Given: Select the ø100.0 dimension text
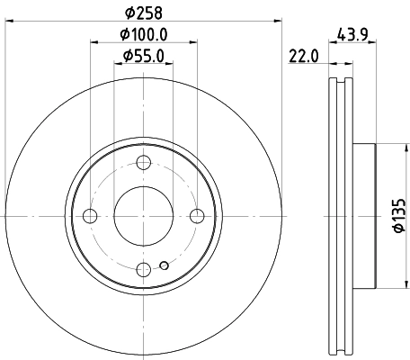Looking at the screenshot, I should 143,35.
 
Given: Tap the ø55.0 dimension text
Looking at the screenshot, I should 143,56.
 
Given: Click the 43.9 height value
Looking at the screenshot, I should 353,35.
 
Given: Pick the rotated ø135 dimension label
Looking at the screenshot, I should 397,215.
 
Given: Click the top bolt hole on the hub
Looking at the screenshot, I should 143,163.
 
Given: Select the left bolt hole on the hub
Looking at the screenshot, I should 90,215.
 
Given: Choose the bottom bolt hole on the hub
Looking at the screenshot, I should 143,268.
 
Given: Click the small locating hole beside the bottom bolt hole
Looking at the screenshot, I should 162,265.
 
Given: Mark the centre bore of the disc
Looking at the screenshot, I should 143,215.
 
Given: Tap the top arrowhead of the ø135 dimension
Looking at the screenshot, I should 387,148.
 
